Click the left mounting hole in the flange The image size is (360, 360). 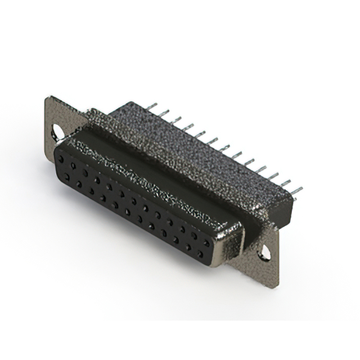click(57, 132)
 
